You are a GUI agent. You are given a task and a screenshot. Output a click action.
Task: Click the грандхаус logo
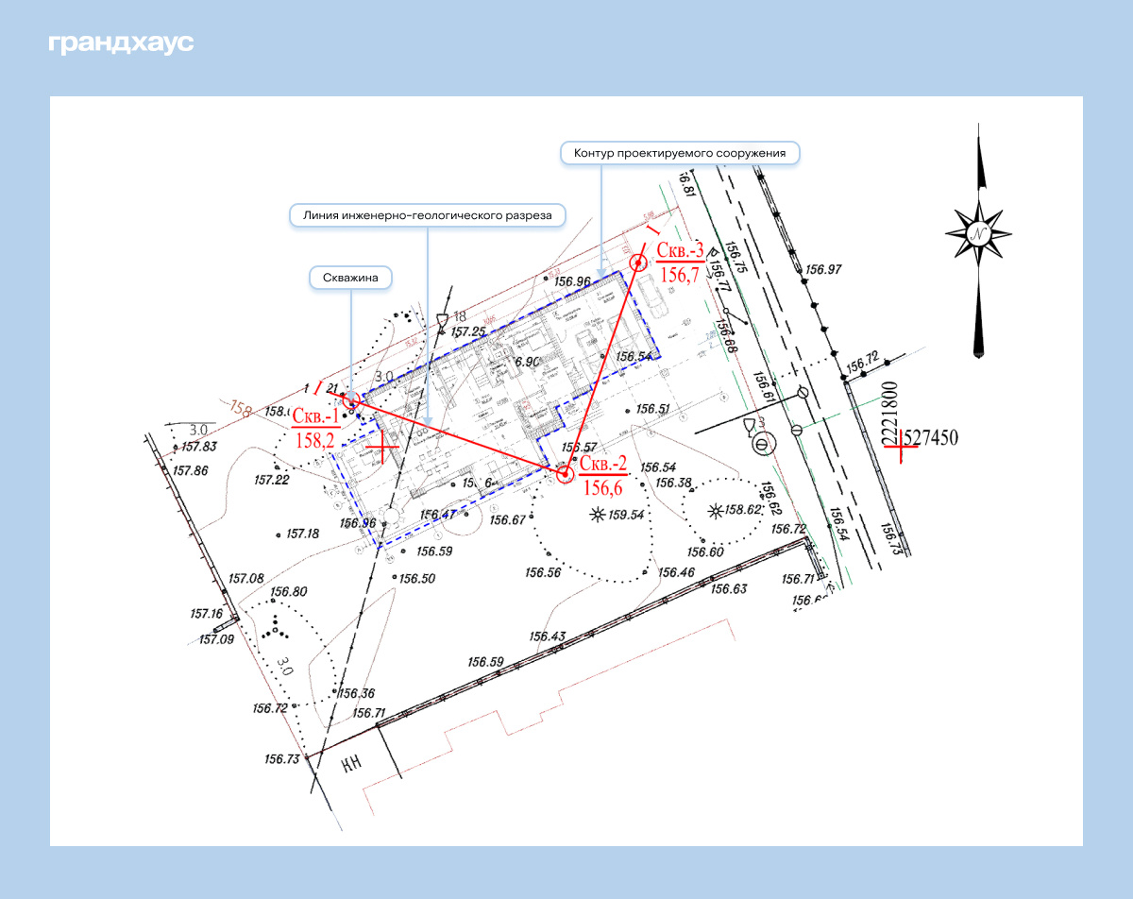click(121, 43)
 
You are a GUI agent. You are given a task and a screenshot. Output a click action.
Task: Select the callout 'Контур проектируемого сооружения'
click(680, 153)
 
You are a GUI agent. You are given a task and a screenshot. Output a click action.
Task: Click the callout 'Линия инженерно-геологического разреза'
click(427, 215)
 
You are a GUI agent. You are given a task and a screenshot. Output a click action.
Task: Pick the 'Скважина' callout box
click(351, 277)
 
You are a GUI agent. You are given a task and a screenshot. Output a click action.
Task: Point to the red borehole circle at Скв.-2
click(564, 474)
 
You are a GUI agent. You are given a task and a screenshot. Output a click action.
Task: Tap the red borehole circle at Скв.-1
click(350, 400)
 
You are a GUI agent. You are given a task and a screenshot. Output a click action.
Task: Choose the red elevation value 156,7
click(680, 275)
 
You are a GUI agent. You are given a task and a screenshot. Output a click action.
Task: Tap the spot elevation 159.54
click(626, 516)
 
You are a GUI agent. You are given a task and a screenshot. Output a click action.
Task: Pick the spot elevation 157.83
click(200, 448)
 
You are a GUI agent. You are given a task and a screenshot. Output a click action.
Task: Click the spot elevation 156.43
click(548, 636)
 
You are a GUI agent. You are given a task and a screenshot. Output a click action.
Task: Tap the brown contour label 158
click(242, 410)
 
